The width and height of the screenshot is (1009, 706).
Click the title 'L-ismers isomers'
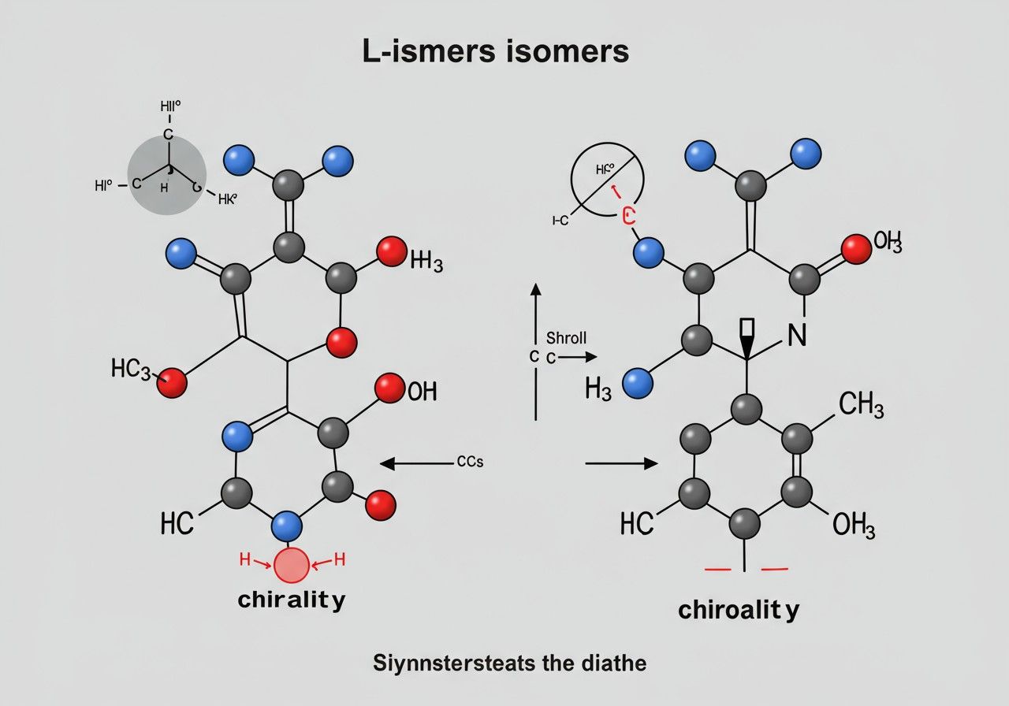(x=495, y=51)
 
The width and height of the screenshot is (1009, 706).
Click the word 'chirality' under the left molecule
(x=291, y=600)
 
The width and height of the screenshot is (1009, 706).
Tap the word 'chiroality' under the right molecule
(x=739, y=609)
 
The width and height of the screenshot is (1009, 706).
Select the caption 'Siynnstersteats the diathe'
(x=509, y=663)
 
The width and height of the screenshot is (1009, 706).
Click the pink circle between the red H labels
(x=291, y=565)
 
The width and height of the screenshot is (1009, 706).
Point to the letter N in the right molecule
(x=797, y=336)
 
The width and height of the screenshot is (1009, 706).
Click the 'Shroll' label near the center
(x=566, y=338)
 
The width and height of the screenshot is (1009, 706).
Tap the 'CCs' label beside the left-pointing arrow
(x=470, y=463)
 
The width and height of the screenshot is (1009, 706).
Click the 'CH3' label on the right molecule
(x=861, y=406)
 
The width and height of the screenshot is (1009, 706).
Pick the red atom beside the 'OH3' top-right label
(x=855, y=249)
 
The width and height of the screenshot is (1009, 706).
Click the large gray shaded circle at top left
(x=167, y=175)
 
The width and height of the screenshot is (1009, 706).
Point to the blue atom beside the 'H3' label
(x=638, y=383)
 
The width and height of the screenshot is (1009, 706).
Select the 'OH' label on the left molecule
(x=422, y=391)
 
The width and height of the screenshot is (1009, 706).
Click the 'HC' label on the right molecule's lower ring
(x=637, y=522)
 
